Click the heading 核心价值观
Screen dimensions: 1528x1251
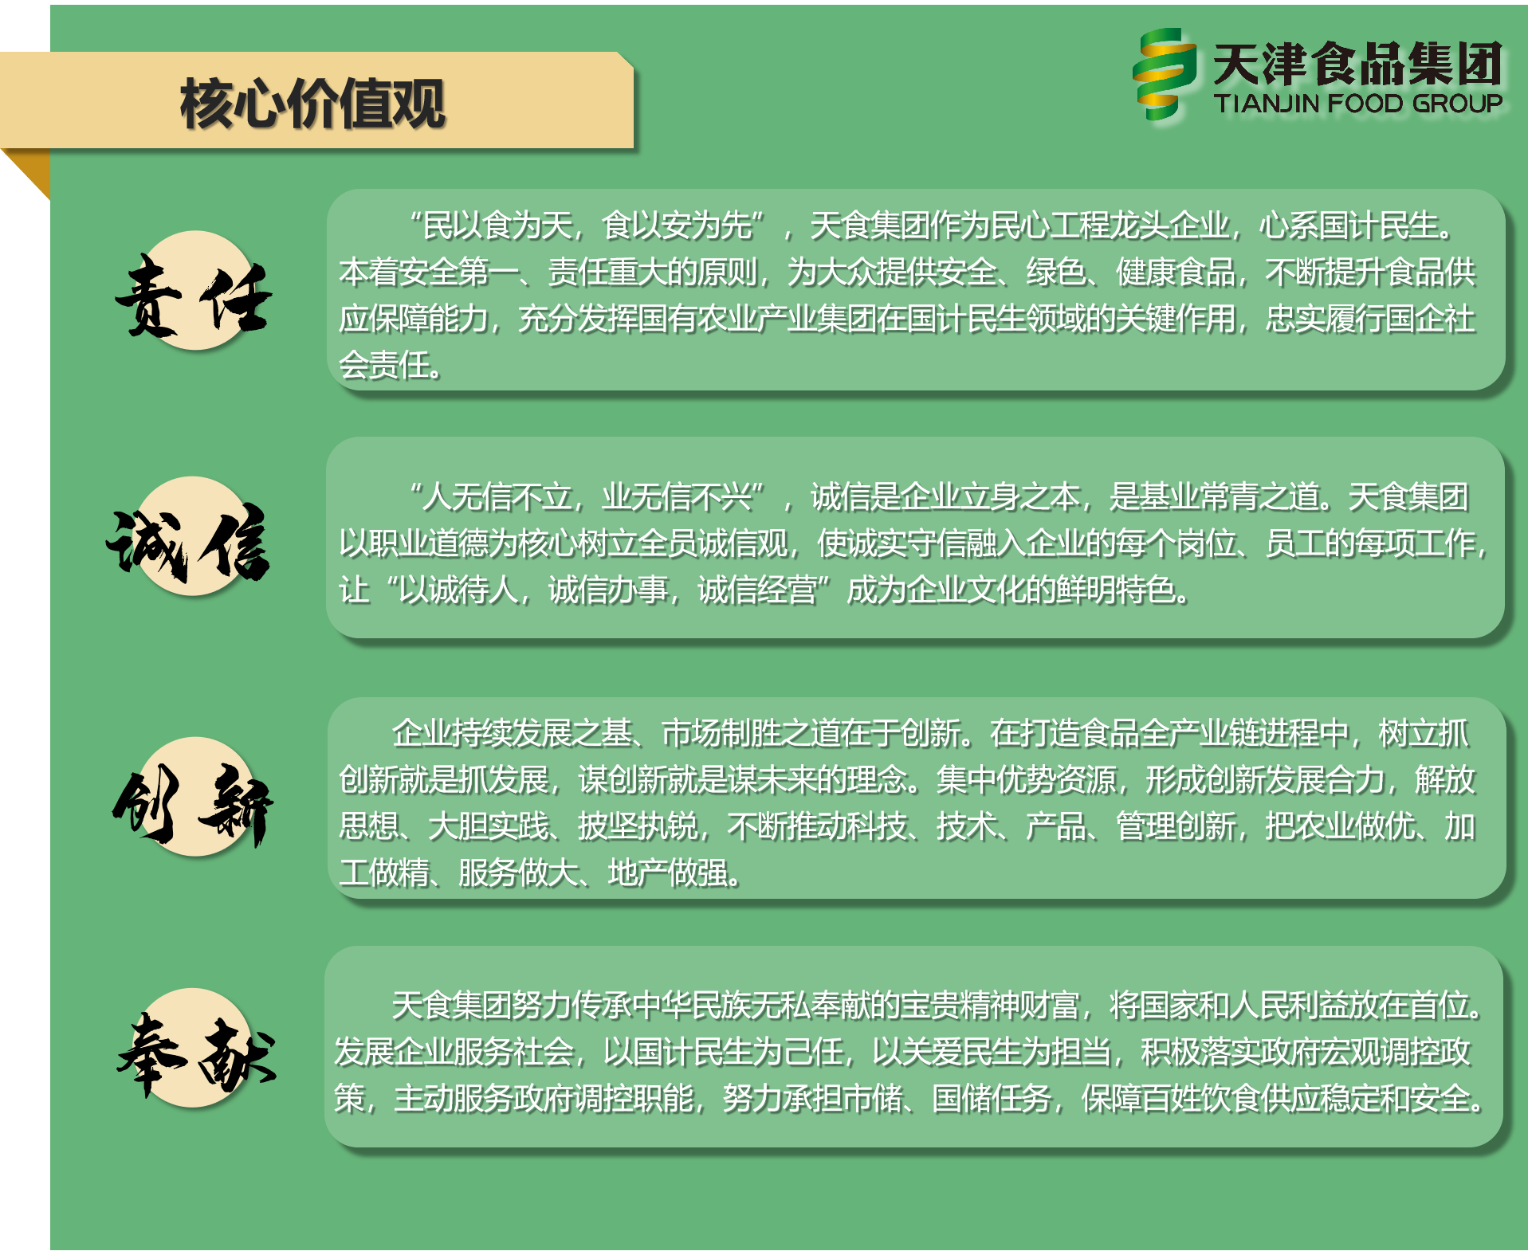point(312,104)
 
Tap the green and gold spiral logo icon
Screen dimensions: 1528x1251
point(1165,74)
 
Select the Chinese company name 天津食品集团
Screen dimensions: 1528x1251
point(1357,64)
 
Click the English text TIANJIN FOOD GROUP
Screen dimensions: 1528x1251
point(1357,104)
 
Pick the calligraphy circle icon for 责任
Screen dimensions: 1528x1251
point(194,291)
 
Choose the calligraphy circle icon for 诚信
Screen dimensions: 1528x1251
point(191,537)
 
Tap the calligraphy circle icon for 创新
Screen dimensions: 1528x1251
point(193,797)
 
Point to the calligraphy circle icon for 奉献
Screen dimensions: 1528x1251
point(196,1048)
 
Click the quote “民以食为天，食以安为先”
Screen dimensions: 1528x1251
point(588,225)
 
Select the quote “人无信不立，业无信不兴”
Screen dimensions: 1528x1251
point(588,496)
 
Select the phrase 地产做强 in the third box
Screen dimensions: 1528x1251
point(668,873)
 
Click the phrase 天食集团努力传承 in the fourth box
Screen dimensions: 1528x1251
point(512,1006)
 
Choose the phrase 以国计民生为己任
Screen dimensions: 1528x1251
point(723,1052)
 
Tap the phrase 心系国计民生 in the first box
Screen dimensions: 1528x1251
point(1349,225)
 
